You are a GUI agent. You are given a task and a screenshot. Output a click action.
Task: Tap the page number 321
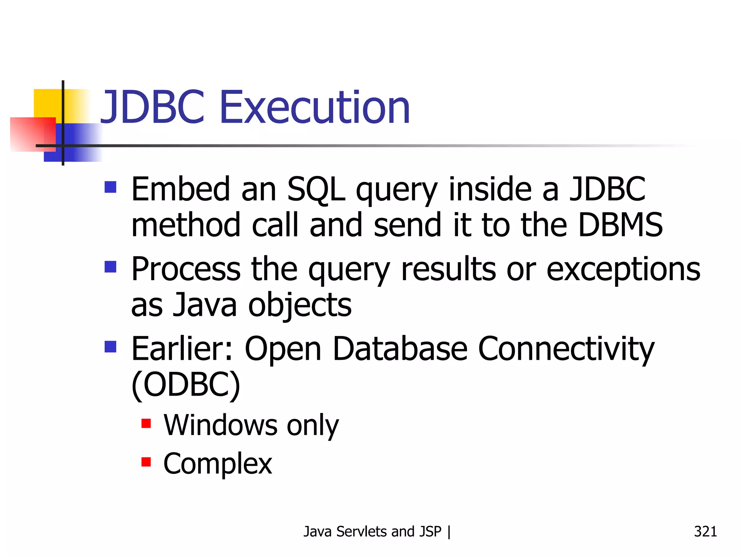705,531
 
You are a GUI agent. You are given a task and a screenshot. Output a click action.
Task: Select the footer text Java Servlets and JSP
372,531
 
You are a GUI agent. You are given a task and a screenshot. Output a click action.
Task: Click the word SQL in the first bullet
316,189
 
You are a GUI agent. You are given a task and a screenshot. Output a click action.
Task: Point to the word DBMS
620,225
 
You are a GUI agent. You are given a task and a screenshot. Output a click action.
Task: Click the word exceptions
623,270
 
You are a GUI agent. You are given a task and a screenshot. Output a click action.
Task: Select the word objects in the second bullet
300,305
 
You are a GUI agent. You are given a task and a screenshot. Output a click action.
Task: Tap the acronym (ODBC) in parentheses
186,385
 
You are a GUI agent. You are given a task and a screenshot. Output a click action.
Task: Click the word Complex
217,464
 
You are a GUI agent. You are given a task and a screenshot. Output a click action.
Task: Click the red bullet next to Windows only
146,423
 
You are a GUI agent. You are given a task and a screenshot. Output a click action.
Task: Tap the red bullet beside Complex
146,462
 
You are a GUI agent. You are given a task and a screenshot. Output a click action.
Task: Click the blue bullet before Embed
110,187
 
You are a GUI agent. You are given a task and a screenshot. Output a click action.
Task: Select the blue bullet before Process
110,267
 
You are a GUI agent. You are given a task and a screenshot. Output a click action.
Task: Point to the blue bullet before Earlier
110,347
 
